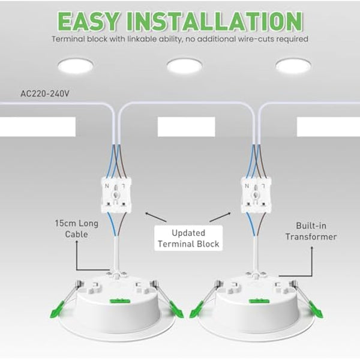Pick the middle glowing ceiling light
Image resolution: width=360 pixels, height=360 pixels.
coord(184,65)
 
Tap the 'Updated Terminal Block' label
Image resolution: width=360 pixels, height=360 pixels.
coord(188,238)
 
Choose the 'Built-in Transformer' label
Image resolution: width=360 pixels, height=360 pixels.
coord(316,232)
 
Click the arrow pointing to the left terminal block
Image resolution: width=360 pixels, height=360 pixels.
coord(146,213)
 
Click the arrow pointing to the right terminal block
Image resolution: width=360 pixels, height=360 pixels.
coord(229,213)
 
